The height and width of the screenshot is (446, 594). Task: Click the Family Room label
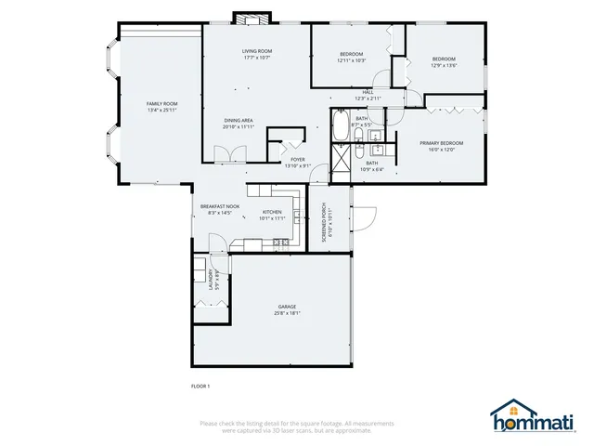pyautogui.click(x=161, y=103)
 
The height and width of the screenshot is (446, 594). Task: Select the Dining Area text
pyautogui.click(x=239, y=120)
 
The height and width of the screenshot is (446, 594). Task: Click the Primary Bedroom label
pyautogui.click(x=441, y=142)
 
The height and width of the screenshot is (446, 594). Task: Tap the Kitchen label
pyautogui.click(x=272, y=212)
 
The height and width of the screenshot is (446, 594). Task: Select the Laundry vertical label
pyautogui.click(x=211, y=278)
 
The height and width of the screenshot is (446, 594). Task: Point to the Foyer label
pyautogui.click(x=297, y=159)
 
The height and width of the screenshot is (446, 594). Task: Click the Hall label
pyautogui.click(x=368, y=92)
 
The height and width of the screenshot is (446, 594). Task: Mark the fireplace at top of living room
pyautogui.click(x=249, y=18)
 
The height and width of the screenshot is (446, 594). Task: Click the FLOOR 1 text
pyautogui.click(x=200, y=386)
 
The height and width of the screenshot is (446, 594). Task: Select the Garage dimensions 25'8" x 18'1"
pyautogui.click(x=287, y=313)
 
